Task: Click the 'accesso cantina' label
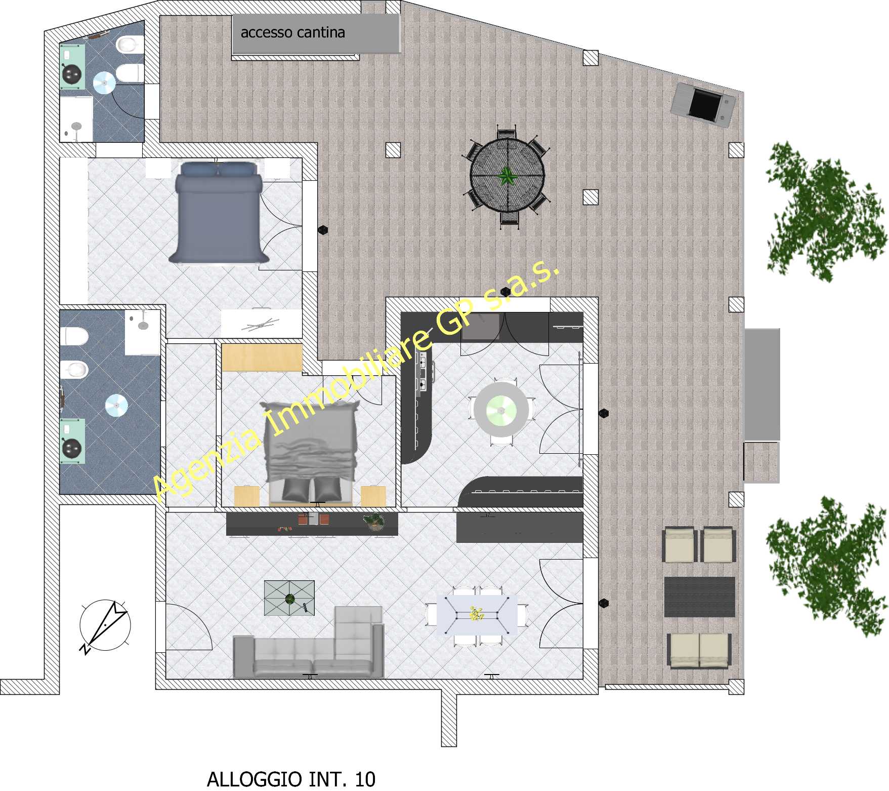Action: [292, 32]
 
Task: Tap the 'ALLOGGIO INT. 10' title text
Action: [291, 779]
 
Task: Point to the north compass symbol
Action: [105, 626]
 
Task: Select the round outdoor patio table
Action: [507, 175]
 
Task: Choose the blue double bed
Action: [219, 212]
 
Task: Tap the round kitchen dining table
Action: [501, 410]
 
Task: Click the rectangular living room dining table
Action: [477, 615]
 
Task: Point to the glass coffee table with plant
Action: [289, 598]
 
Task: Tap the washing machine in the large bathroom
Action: [72, 441]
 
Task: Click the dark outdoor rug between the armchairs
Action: [699, 597]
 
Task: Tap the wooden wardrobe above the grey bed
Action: [262, 358]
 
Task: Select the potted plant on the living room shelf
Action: [374, 522]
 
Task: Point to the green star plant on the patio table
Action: [507, 177]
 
